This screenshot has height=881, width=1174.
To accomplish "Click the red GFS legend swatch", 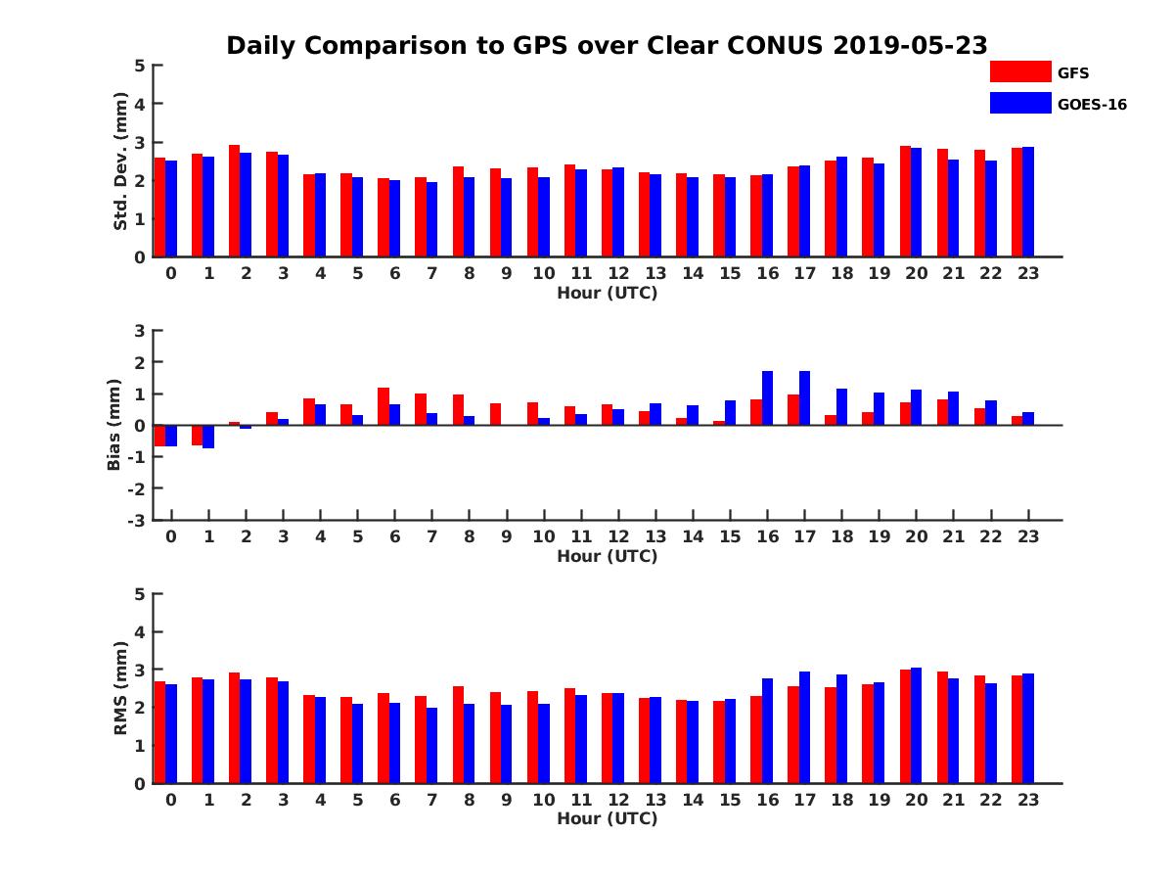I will point(1020,71).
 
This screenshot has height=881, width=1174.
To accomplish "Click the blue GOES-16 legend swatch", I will point(1020,103).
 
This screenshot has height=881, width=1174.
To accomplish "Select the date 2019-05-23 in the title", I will point(911,45).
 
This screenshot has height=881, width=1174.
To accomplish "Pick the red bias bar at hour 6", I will point(384,406).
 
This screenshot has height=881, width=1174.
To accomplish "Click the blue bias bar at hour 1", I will point(208,437).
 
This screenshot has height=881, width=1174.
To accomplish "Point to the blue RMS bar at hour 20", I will point(917,725).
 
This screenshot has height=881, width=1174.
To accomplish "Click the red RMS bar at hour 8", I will point(458,734).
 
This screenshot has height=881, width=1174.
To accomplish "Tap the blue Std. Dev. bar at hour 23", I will point(1028,202).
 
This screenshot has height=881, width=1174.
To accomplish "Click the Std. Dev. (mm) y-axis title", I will point(120,162).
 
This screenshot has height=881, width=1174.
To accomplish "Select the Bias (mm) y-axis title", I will point(114,425).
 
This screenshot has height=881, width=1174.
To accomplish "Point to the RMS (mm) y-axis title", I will point(120,688).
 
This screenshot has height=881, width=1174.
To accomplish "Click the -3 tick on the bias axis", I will point(136,520).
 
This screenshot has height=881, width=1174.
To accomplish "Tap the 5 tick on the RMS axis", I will point(141,594).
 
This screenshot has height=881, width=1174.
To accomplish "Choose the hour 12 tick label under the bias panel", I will point(618,536).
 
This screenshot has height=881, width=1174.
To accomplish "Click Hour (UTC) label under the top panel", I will point(608,293).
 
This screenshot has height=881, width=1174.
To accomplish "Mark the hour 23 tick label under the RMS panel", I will point(1028,799).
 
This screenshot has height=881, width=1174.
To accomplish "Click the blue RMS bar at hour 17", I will point(805,727).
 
